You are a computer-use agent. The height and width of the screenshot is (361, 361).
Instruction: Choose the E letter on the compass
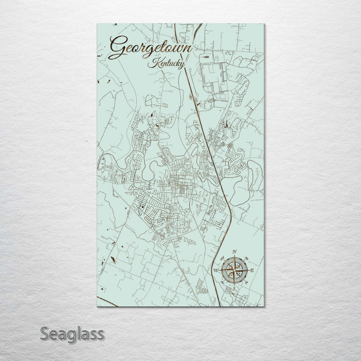[x=253, y=271]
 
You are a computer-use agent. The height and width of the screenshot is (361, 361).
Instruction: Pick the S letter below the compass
[x=234, y=289]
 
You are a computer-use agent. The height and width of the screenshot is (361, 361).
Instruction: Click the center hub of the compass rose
[x=234, y=271]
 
